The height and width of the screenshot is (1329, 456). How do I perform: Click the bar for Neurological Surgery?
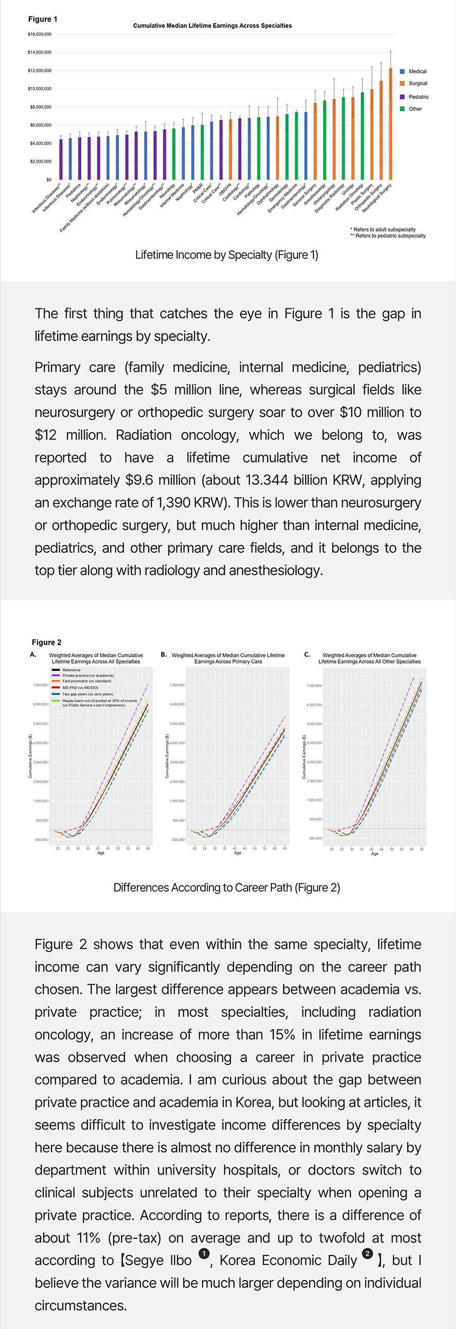pos(391,124)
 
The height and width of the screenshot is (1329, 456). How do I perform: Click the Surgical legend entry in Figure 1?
pos(417,83)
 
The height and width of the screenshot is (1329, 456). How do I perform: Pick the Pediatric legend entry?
pos(418,97)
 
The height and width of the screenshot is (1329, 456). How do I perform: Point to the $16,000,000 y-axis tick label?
pos(39,34)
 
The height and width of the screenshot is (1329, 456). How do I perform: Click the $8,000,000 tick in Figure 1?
pos(39,107)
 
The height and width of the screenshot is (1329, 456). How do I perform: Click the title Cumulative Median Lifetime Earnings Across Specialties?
pos(212,26)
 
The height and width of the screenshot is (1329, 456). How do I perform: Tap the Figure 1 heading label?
pos(43,19)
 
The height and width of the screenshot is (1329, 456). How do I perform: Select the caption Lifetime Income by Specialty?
pos(226,255)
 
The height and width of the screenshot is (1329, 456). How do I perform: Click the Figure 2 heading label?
pos(46,642)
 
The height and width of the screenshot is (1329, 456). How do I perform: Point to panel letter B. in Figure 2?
pos(164,655)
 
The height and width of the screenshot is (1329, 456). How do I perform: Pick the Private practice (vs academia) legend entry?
pos(87,675)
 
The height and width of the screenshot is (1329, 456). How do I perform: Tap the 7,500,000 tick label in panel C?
pos(314,686)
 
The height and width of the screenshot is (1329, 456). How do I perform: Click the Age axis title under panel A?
pos(101,853)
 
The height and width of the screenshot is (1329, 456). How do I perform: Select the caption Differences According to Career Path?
pos(226,887)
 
